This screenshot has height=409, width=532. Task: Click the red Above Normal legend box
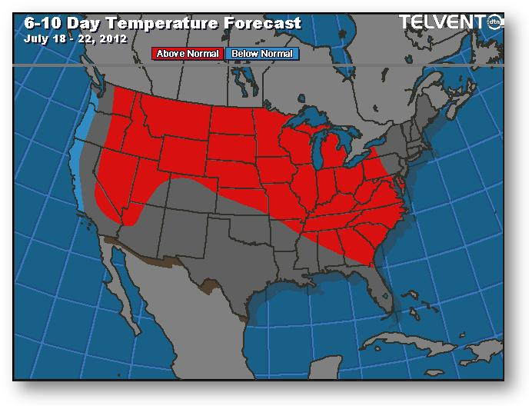(188, 54)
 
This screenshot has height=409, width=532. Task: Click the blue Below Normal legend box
(262, 54)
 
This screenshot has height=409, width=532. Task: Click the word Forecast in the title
(263, 23)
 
